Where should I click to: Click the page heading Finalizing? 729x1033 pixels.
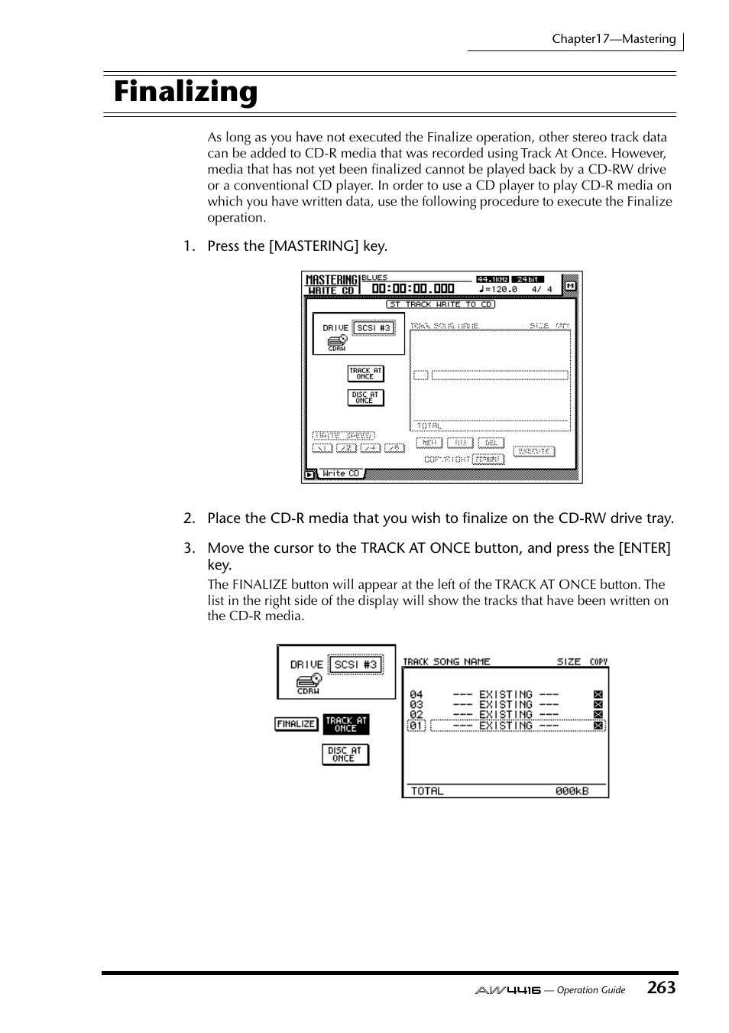pos(186,93)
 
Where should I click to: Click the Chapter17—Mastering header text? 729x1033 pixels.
pos(614,39)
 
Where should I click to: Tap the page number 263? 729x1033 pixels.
pos(660,987)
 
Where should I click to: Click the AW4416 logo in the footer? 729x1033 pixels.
pos(507,990)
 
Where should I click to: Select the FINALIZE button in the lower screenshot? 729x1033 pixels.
pos(296,723)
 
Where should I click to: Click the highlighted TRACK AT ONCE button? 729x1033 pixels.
pos(346,724)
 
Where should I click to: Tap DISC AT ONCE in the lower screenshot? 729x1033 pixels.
pos(345,755)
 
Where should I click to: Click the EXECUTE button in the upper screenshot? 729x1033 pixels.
pos(533,451)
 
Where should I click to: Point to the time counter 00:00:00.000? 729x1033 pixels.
pos(413,289)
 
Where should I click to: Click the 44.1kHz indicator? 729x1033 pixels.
pos(492,279)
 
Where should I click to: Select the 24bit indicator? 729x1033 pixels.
pos(527,279)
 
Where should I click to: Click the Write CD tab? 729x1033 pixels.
pos(341,473)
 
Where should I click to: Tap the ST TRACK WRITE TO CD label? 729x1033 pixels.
pos(440,304)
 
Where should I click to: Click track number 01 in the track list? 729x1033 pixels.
pos(416,725)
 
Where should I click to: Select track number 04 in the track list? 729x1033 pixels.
pos(416,694)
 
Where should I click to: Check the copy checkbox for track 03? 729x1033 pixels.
pos(598,704)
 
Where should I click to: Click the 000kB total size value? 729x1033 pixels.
pos(572,791)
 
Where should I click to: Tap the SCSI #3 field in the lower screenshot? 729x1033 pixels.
pos(355,664)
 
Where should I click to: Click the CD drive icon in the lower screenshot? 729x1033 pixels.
pos(308,680)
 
